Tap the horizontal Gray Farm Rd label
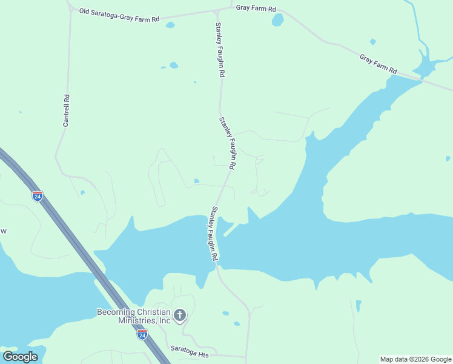click(256, 8)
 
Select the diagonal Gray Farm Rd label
click(378, 62)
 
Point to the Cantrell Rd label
click(66, 110)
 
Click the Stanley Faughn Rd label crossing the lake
click(214, 234)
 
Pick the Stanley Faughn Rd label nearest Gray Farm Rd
click(220, 50)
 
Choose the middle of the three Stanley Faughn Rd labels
click(228, 143)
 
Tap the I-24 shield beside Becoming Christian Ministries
click(142, 334)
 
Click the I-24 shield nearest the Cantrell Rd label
click(38, 196)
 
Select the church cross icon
click(179, 315)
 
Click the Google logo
click(20, 357)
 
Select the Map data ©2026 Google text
click(415, 359)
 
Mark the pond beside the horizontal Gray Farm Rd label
click(277, 20)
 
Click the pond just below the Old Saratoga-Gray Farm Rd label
click(170, 25)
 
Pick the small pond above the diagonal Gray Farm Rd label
click(372, 42)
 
